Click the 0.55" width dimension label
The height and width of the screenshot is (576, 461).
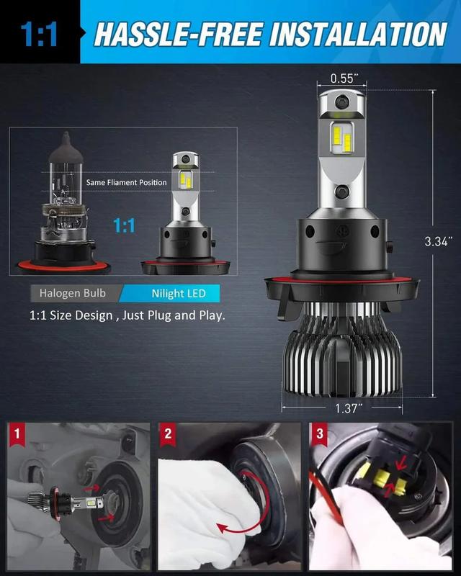pyautogui.click(x=344, y=78)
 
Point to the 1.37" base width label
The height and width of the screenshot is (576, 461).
pyautogui.click(x=349, y=408)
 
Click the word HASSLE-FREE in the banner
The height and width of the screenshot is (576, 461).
pyautogui.click(x=179, y=34)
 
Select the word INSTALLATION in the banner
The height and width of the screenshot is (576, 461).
pyautogui.click(x=359, y=34)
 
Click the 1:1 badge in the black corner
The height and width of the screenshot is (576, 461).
pyautogui.click(x=39, y=35)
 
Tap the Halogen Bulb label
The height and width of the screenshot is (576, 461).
pyautogui.click(x=73, y=293)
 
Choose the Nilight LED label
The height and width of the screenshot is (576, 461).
pyautogui.click(x=179, y=294)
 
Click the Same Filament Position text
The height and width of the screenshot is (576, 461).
pyautogui.click(x=127, y=182)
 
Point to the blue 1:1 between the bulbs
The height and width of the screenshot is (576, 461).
pyautogui.click(x=124, y=225)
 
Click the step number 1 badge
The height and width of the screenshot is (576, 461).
pyautogui.click(x=17, y=434)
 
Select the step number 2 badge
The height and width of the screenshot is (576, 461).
pyautogui.click(x=168, y=434)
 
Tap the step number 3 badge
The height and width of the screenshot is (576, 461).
pyautogui.click(x=319, y=434)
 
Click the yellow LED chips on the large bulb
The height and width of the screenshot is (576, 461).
pyautogui.click(x=342, y=139)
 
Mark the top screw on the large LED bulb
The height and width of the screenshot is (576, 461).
pyautogui.click(x=342, y=100)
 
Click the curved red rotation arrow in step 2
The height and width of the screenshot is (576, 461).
pyautogui.click(x=254, y=511)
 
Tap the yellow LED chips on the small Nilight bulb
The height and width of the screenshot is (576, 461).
pyautogui.click(x=186, y=179)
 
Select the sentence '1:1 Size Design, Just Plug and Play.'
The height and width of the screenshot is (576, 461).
pyautogui.click(x=127, y=315)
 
